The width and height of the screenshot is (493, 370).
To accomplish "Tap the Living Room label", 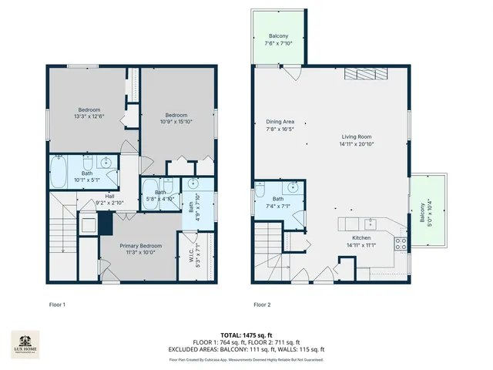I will coord(357,138).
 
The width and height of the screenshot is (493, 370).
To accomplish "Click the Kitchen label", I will coord(362,239).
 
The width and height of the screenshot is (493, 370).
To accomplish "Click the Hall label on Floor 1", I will coord(99,196).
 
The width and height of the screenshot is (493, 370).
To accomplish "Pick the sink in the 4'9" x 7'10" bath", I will coord(193,185).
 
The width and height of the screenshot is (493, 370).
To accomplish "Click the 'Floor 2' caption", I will coord(262,304).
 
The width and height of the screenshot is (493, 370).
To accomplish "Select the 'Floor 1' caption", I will coord(57,304).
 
